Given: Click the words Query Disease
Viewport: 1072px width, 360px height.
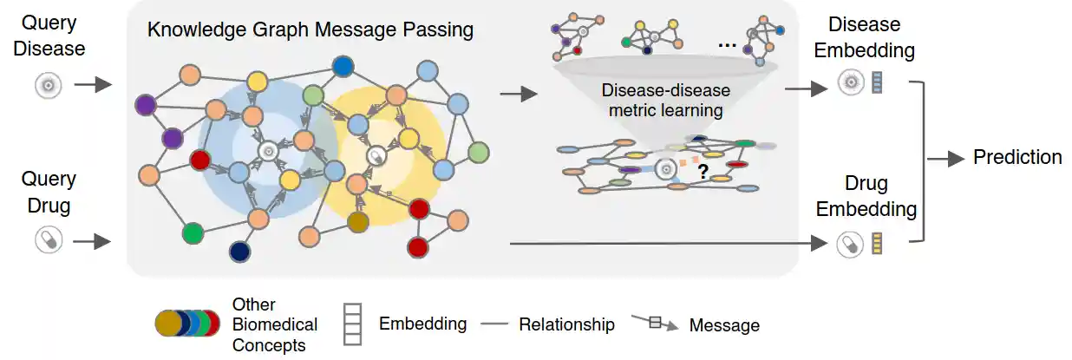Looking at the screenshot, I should [x=49, y=36].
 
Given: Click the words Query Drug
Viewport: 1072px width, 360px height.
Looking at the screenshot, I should [x=49, y=192].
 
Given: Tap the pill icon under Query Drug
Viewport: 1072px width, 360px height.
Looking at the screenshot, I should [x=49, y=239].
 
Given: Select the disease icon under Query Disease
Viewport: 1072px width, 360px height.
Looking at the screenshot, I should [x=49, y=85].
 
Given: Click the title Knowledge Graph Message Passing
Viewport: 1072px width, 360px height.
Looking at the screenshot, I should [x=310, y=30].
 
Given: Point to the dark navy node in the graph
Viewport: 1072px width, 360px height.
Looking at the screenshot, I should [x=239, y=252].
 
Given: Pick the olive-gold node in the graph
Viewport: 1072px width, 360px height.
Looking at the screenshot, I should [x=358, y=222].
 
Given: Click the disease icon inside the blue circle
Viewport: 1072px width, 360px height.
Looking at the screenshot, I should [x=268, y=151].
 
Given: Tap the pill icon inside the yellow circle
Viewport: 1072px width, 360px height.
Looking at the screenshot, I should [x=376, y=157].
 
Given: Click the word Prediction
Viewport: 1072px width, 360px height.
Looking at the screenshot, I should [x=1017, y=157].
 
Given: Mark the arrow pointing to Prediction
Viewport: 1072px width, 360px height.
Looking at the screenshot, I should [x=947, y=158].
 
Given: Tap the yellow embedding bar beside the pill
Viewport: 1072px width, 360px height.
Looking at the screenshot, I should [x=876, y=244].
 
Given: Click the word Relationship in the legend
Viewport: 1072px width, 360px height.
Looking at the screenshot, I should [x=566, y=324].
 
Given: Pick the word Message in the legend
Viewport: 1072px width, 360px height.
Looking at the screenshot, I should [x=723, y=326].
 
